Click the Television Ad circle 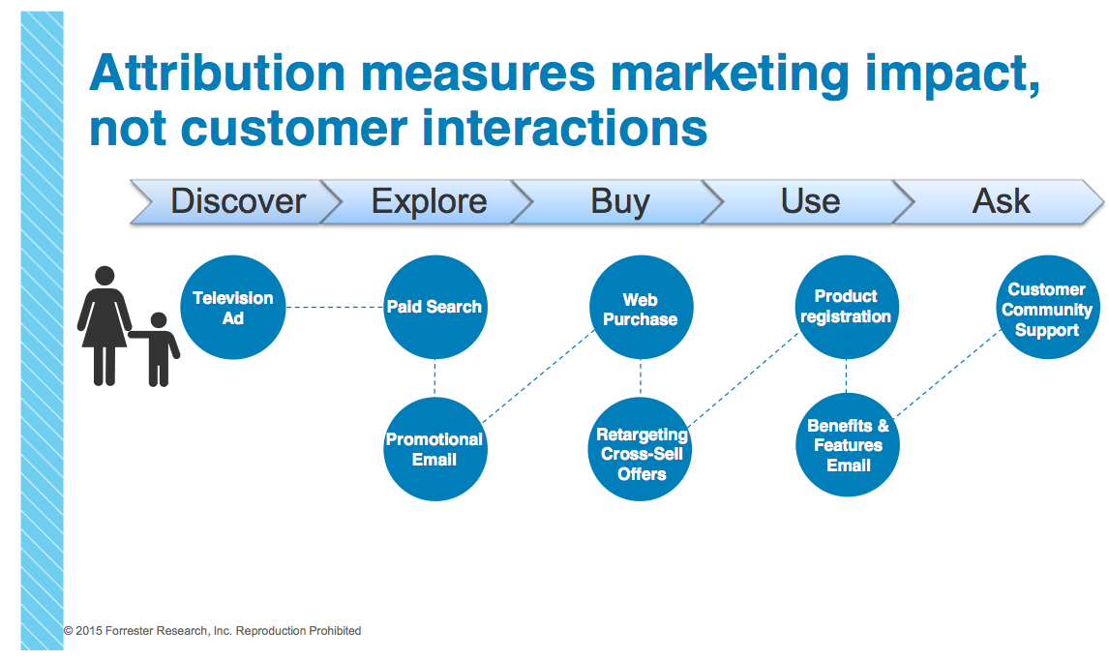tap(232, 307)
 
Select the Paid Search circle tap(435, 307)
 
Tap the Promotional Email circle tap(435, 449)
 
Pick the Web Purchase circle tap(641, 307)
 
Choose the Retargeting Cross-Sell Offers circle tap(640, 449)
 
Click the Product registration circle tap(847, 307)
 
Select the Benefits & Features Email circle tap(848, 445)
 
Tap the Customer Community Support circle tap(1048, 307)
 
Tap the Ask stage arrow tap(999, 202)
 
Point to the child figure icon tap(157, 349)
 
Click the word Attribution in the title tap(217, 73)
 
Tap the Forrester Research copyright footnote tap(212, 630)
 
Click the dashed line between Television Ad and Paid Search tap(335, 307)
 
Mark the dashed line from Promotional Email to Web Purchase tap(537, 376)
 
